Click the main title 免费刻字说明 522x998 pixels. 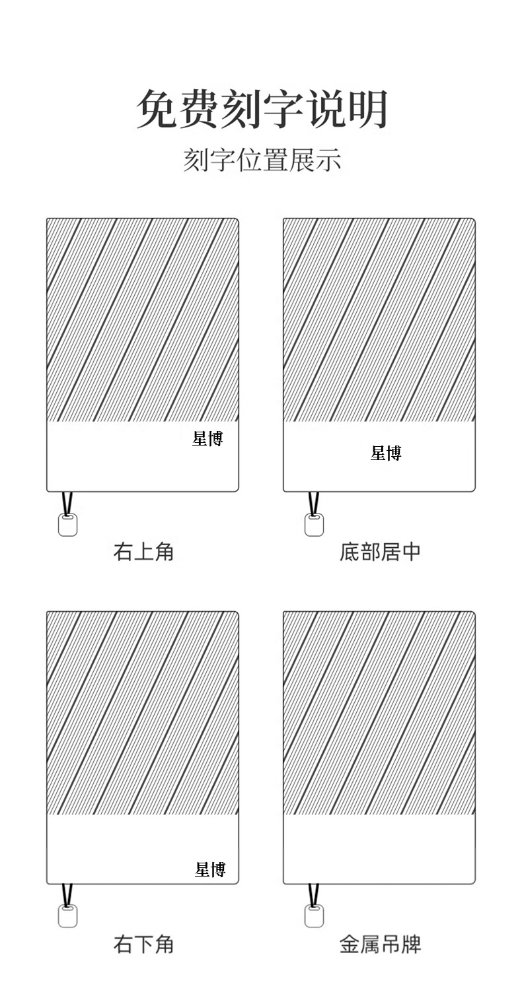[262, 109]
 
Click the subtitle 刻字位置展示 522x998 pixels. [262, 160]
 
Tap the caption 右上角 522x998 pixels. [143, 551]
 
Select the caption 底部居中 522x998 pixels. [380, 551]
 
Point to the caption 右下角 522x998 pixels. [143, 944]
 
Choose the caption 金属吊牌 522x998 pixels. [380, 944]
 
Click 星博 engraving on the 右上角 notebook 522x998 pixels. [207, 438]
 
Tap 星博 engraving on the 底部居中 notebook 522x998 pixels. [386, 453]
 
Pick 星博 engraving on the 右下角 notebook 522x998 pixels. [210, 869]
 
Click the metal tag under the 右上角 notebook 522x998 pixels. [67, 525]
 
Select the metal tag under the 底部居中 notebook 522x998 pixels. [314, 525]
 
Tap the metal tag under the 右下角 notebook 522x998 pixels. [67, 916]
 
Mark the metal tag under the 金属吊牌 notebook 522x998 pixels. [314, 916]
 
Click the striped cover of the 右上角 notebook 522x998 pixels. [142, 320]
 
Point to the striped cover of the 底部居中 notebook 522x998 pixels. [379, 320]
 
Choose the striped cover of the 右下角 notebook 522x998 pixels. [142, 713]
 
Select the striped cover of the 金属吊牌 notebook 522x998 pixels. [379, 713]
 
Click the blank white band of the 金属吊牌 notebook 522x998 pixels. [379, 849]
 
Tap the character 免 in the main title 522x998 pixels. [157, 109]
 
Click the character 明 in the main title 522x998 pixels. [368, 109]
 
